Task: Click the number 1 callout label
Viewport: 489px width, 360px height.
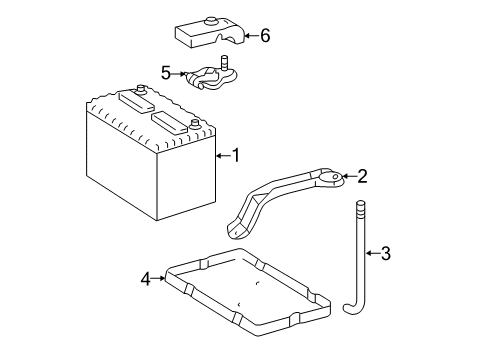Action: point(236,154)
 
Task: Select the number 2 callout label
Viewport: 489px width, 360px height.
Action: point(362,177)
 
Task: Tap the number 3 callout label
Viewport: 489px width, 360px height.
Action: point(385,253)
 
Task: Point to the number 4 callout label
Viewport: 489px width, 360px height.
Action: point(146,279)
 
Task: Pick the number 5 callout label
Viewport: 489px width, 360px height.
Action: point(166,72)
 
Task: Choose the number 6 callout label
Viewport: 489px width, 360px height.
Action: point(264,36)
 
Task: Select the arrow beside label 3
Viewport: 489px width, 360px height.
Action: point(371,253)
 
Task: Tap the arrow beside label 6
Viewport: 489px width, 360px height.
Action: point(250,36)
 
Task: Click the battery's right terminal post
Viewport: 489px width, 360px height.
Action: point(194,124)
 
